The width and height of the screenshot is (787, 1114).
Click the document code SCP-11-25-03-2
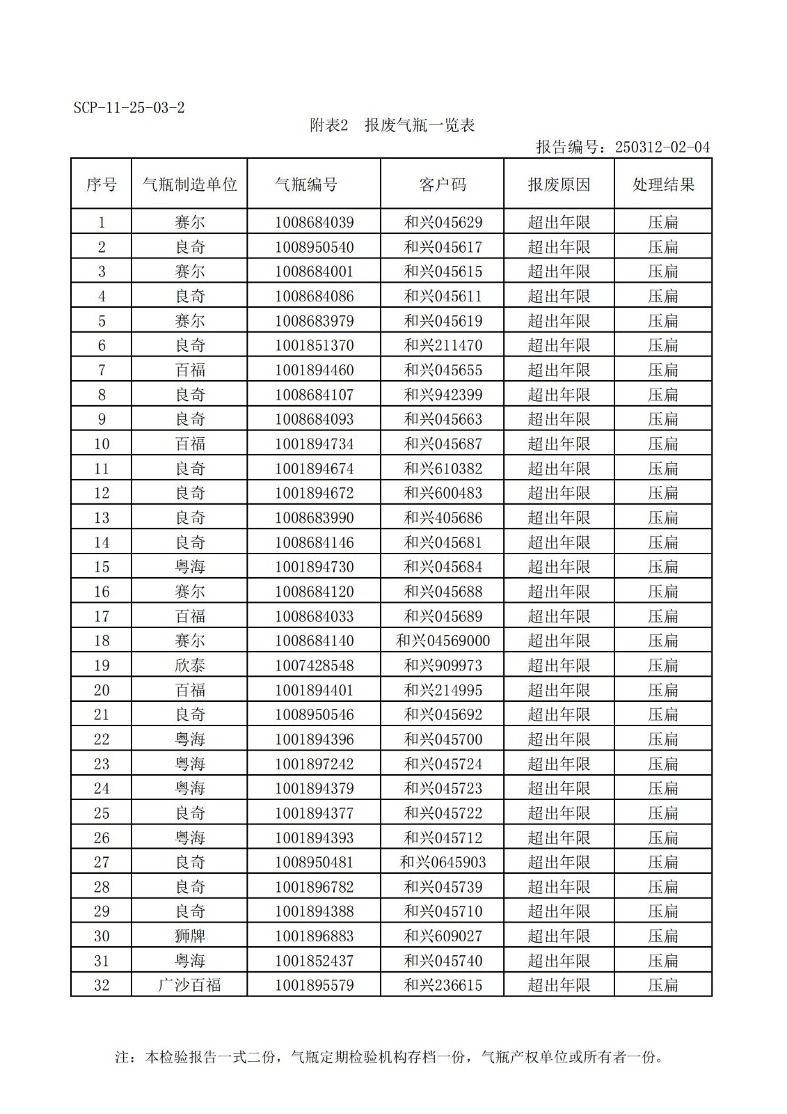pyautogui.click(x=129, y=108)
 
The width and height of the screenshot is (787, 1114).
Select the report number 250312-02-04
pyautogui.click(x=662, y=147)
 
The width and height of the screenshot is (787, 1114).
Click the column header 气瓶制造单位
pyautogui.click(x=189, y=185)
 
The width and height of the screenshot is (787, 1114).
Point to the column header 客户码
pyautogui.click(x=443, y=185)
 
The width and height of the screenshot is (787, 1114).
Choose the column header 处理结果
pyautogui.click(x=663, y=185)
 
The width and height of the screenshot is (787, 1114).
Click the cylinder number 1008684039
pyautogui.click(x=314, y=223)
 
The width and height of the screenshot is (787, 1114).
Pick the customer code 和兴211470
pyautogui.click(x=443, y=345)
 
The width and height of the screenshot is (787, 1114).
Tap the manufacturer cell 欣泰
pyautogui.click(x=189, y=666)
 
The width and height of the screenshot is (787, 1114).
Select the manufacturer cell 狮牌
pyautogui.click(x=189, y=936)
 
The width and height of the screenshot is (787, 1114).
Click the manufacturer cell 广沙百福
pyautogui.click(x=189, y=985)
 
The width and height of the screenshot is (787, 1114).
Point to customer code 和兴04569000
pyautogui.click(x=443, y=641)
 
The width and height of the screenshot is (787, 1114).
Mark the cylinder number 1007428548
pyautogui.click(x=314, y=666)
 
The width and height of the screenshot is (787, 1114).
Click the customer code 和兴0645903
pyautogui.click(x=443, y=863)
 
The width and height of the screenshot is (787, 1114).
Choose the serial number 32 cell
pyautogui.click(x=102, y=985)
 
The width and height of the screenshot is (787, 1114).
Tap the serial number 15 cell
pyautogui.click(x=102, y=567)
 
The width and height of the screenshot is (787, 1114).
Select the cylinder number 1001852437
pyautogui.click(x=314, y=961)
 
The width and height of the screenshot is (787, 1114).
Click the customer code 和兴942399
pyautogui.click(x=443, y=395)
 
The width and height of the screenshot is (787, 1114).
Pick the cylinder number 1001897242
pyautogui.click(x=314, y=764)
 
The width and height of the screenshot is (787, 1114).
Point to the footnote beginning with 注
pyautogui.click(x=390, y=1057)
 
